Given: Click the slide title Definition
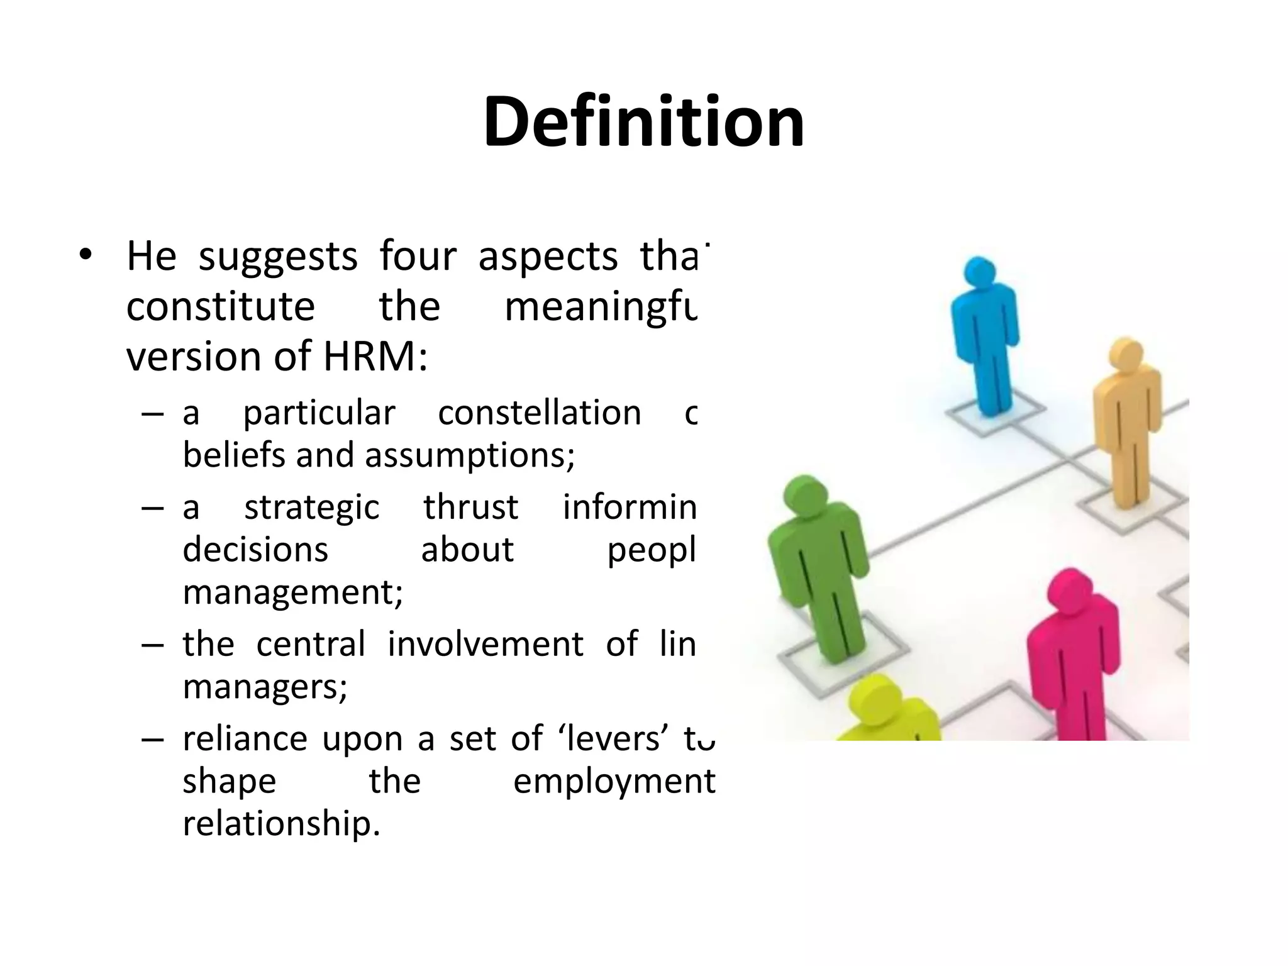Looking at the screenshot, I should click(x=643, y=121).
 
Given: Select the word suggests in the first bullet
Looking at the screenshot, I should click(x=278, y=257).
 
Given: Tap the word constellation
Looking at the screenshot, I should click(x=540, y=413).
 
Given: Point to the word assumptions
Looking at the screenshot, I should click(x=469, y=455).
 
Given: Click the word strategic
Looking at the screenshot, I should click(x=312, y=508).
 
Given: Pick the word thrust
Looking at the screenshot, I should click(x=470, y=507).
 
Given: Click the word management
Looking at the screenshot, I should click(x=292, y=592).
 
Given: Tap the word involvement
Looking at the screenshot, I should click(x=486, y=644).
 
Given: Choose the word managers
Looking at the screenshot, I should click(x=264, y=686).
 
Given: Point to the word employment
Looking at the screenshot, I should click(x=614, y=781).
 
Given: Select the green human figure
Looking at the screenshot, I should click(x=818, y=566).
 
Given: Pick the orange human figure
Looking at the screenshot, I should click(x=1126, y=421).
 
